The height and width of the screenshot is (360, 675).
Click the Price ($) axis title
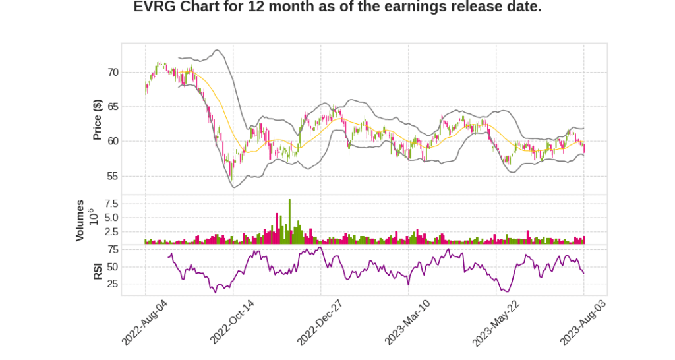tap(98, 119)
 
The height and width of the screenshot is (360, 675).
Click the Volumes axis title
tap(80, 220)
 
